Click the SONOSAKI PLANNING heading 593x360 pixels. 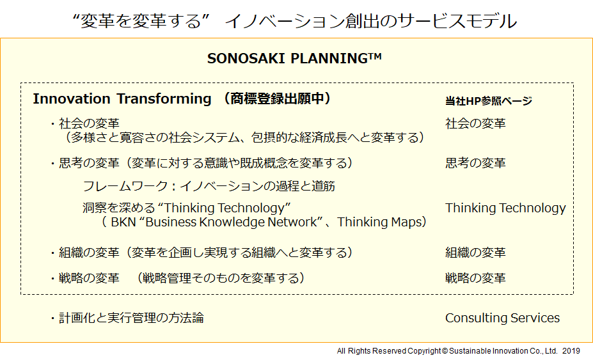(x=294, y=58)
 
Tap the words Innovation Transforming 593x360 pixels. (x=122, y=99)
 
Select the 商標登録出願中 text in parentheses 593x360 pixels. (x=276, y=99)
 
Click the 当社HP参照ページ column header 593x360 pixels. (x=489, y=101)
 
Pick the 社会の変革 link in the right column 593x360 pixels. (x=475, y=123)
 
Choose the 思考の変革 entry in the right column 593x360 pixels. (x=475, y=163)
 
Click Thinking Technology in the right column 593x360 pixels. (x=505, y=208)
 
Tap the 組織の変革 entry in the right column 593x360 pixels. (x=475, y=253)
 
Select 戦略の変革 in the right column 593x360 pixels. (x=475, y=278)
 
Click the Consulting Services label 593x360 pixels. (x=502, y=318)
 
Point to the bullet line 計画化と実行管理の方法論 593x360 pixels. (x=131, y=318)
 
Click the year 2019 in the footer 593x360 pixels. (x=571, y=351)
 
